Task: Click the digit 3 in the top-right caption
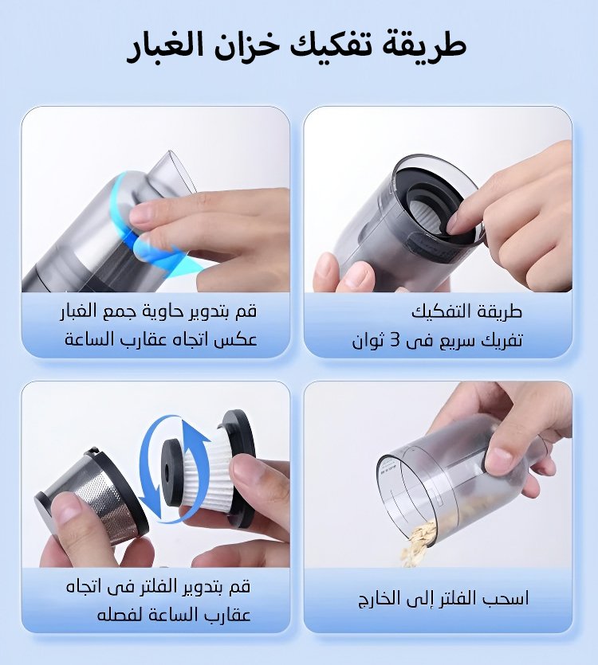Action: (x=395, y=341)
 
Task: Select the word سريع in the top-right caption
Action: (x=459, y=341)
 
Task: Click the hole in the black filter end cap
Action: (x=166, y=471)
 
